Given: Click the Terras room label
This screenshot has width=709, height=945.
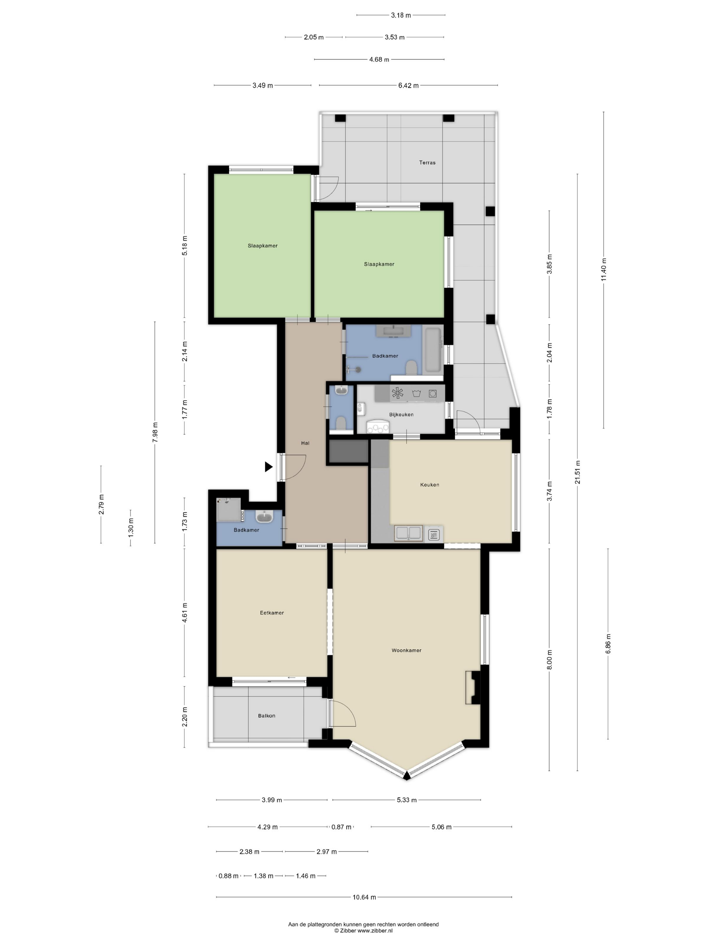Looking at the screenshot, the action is tap(427, 162).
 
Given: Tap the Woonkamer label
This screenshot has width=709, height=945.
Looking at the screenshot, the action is tap(406, 650).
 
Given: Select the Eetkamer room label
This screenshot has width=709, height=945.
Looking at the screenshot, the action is tap(272, 613).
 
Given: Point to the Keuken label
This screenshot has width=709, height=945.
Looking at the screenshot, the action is tap(429, 484).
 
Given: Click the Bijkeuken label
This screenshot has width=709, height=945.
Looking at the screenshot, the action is tap(401, 414).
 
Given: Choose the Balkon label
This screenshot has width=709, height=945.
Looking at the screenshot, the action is tap(267, 715).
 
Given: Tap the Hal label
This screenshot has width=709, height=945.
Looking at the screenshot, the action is tap(305, 443).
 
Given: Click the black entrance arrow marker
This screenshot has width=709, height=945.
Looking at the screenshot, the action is tap(268, 467).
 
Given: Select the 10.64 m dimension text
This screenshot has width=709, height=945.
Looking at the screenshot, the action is tap(364, 897).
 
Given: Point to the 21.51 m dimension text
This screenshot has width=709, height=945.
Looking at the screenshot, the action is tap(577, 472).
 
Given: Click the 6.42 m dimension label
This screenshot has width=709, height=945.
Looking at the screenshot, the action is tap(408, 85).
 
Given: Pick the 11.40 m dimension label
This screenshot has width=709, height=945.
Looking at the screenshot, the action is tap(603, 270).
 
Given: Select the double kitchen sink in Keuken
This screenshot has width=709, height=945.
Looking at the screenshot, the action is tap(409, 533).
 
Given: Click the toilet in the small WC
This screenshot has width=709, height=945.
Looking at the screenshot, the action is tap(341, 423).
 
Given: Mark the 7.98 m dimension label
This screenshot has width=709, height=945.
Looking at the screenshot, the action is tap(155, 432).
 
